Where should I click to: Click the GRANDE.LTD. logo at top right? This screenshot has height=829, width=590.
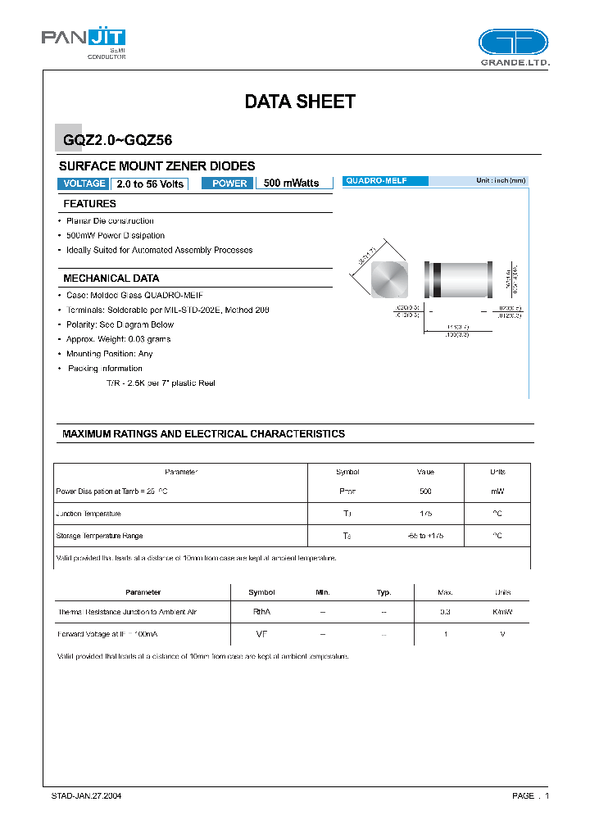point(514,48)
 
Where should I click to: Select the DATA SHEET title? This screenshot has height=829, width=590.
point(300,102)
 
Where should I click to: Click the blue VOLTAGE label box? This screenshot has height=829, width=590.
point(84,183)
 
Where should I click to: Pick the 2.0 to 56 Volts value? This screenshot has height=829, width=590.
point(149,183)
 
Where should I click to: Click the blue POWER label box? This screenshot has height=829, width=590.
point(229,183)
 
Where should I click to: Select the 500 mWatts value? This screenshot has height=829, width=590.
point(291,183)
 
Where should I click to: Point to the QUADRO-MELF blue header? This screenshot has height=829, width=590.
point(384,180)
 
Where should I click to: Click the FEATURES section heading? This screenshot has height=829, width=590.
point(90,204)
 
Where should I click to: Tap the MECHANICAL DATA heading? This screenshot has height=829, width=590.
point(111,279)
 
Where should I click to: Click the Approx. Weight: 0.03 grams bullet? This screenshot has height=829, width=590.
point(119,339)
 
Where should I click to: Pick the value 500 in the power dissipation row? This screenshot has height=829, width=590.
point(425,492)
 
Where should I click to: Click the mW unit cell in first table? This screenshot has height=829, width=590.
point(497,492)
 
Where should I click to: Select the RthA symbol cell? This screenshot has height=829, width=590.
point(261,612)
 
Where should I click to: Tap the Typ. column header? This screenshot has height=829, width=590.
point(383,592)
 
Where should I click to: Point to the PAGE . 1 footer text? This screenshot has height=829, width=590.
point(530,795)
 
